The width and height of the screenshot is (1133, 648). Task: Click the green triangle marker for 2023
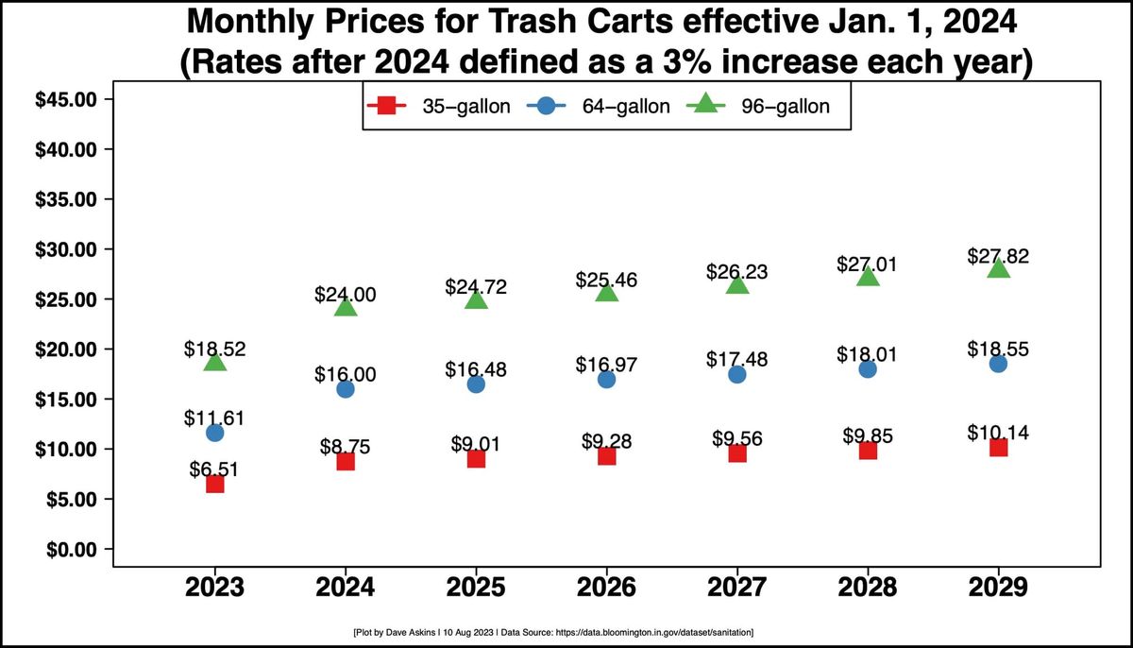pyautogui.click(x=215, y=362)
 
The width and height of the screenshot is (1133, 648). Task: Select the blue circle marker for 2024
pyautogui.click(x=346, y=389)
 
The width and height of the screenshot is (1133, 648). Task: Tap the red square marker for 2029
pyautogui.click(x=998, y=447)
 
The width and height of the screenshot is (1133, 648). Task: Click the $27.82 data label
pyautogui.click(x=998, y=256)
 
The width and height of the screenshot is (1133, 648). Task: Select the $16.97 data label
pyautogui.click(x=606, y=364)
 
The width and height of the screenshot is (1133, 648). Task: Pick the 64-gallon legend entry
pyautogui.click(x=602, y=106)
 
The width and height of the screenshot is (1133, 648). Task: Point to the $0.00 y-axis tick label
pyautogui.click(x=66, y=549)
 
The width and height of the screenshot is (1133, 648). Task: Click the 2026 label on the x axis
pyautogui.click(x=606, y=587)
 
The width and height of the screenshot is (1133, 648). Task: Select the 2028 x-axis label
pyautogui.click(x=868, y=587)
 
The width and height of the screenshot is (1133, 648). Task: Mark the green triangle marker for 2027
pyautogui.click(x=737, y=284)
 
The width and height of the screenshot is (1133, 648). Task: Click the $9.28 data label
pyautogui.click(x=606, y=441)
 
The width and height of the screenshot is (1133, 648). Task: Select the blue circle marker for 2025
pyautogui.click(x=476, y=384)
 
